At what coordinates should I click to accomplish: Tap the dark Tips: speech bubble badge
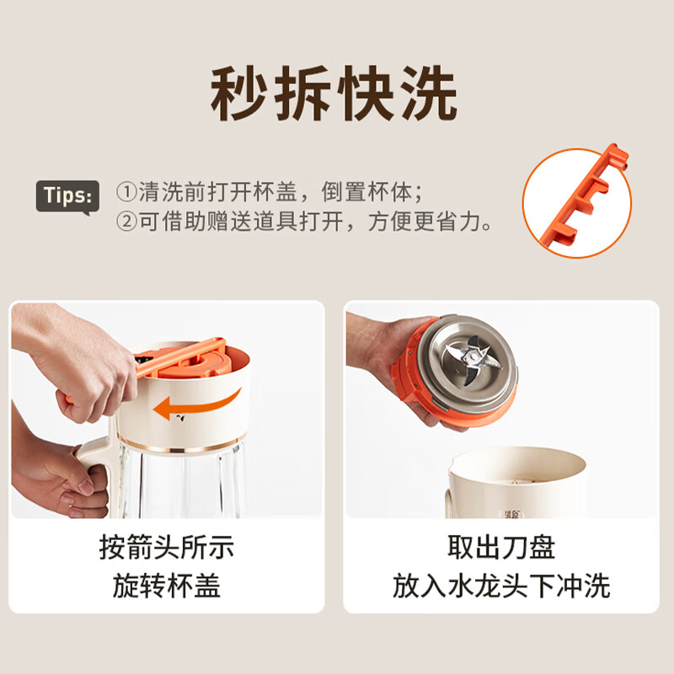coord(67,196)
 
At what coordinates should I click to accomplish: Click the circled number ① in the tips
coord(126,192)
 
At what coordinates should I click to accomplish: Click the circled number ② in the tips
coord(126,222)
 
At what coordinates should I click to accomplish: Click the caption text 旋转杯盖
coord(166,586)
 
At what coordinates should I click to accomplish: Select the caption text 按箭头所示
coord(166,548)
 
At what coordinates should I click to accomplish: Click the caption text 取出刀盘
coord(500,548)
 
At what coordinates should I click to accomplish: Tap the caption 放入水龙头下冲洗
coord(500,586)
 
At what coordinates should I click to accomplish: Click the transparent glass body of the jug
coord(181,484)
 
